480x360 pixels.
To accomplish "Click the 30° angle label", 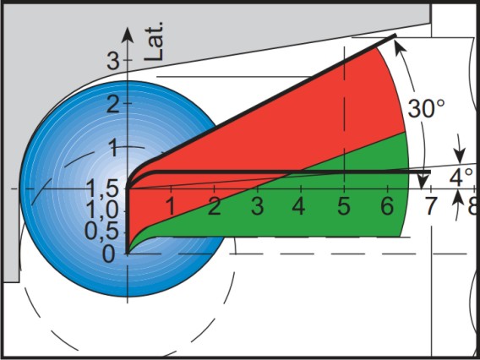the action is coord(426,108).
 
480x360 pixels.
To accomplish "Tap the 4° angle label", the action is coord(461,177).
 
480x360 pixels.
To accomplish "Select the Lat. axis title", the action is coord(154,41).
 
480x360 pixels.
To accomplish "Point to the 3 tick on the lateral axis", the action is coord(113,61).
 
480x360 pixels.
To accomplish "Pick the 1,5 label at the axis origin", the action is coord(103,188).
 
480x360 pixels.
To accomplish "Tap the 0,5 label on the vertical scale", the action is coord(101,232).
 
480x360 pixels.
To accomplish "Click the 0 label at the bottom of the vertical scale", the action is coord(109,254).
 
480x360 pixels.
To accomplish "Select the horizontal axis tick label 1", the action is coord(171,206).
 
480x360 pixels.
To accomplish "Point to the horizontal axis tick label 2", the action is coord(215,206).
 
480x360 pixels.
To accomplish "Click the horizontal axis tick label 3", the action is coord(257,206).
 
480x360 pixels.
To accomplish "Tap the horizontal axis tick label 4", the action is coord(298,206).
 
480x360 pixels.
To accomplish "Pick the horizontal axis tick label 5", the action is coord(344,206).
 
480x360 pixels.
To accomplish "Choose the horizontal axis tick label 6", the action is coord(387,206).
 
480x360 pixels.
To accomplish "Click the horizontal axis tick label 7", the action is coord(431,206).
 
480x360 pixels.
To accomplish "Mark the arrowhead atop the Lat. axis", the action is coord(128,35).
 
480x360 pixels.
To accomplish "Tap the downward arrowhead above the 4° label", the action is coord(459,155).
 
